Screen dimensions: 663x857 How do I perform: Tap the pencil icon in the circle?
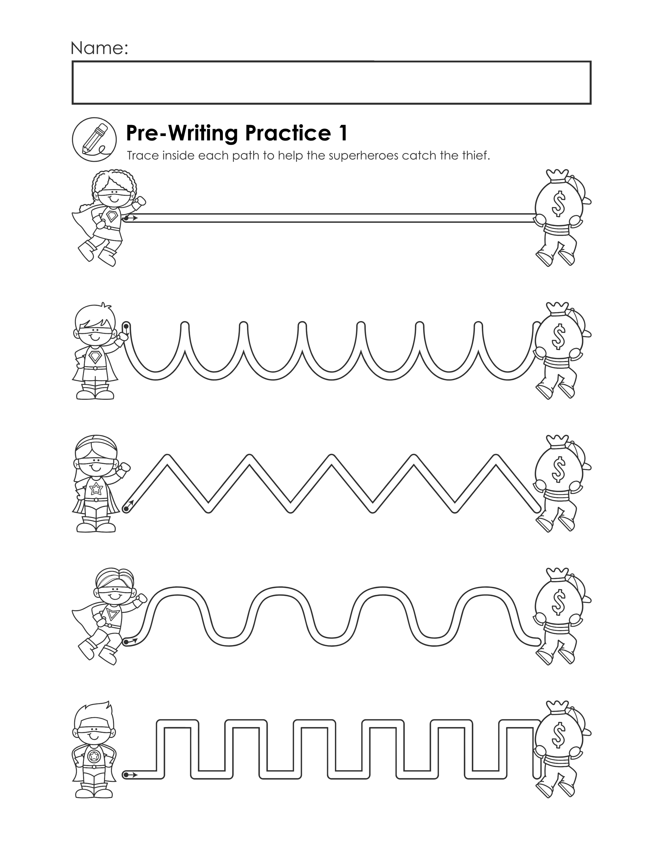[x=94, y=139]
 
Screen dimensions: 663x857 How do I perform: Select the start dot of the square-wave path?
[x=126, y=774]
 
